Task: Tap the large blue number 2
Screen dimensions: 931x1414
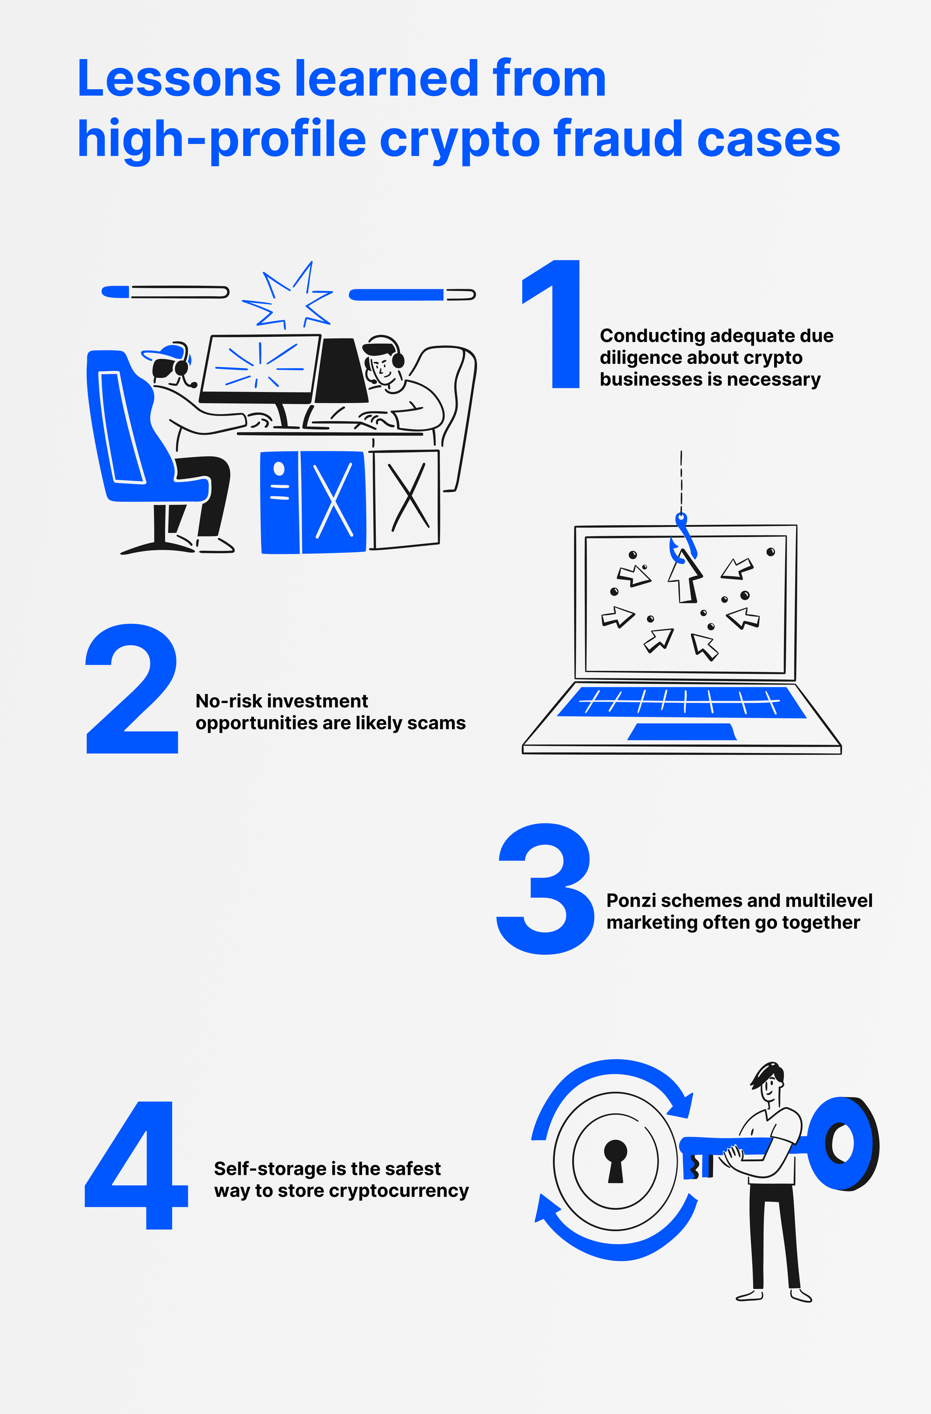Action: pyautogui.click(x=132, y=689)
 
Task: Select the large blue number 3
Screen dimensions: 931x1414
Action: pyautogui.click(x=545, y=889)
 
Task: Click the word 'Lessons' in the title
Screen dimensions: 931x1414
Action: pyautogui.click(x=179, y=79)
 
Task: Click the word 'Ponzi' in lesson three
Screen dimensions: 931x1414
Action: pyautogui.click(x=631, y=900)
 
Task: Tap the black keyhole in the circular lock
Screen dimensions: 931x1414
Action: pyautogui.click(x=615, y=1161)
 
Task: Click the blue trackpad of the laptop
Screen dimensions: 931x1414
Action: pyautogui.click(x=682, y=732)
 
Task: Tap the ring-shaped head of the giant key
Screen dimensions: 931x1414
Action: pyautogui.click(x=843, y=1144)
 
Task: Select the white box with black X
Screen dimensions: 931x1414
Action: pyautogui.click(x=406, y=499)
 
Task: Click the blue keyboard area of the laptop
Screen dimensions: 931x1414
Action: pyautogui.click(x=682, y=702)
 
